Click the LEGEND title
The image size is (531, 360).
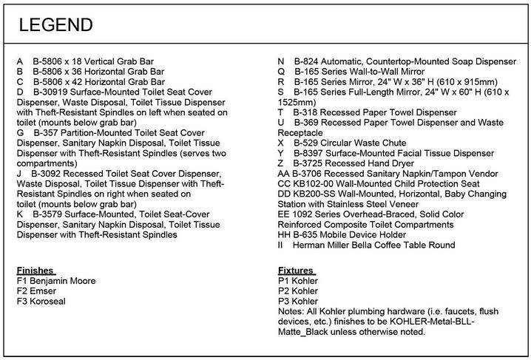(55, 25)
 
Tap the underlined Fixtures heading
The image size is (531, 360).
(296, 271)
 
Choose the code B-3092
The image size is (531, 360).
(47, 174)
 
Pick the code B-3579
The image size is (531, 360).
(48, 214)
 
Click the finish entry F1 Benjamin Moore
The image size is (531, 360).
(55, 281)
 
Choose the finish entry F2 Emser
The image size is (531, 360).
(35, 291)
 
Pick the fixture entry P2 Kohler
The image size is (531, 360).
(298, 291)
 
